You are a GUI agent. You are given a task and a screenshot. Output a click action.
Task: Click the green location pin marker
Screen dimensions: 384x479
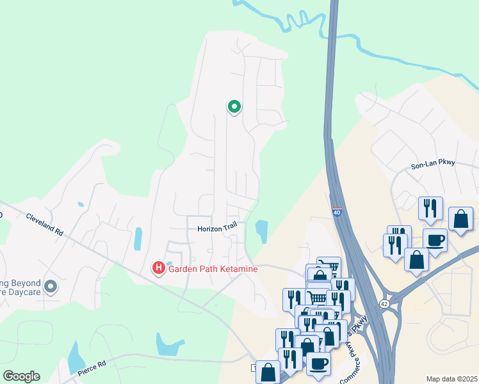(234, 107)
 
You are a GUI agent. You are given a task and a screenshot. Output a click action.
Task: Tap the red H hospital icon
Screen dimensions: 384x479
(158, 268)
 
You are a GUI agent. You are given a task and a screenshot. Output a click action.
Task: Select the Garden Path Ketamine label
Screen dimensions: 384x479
(213, 269)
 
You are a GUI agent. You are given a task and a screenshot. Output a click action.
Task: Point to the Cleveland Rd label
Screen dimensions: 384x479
(44, 225)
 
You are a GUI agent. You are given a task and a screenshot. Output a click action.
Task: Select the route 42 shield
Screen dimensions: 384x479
(384, 303)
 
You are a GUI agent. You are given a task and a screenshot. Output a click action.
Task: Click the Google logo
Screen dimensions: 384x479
(21, 376)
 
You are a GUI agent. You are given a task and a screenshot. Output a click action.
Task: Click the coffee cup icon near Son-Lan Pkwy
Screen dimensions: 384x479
(435, 241)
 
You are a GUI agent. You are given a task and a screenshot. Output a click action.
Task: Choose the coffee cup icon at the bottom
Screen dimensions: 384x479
(318, 364)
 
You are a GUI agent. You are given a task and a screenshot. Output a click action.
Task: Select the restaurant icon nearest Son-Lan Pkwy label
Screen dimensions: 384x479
(429, 208)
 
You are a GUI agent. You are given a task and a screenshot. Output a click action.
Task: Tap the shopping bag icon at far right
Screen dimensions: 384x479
(460, 219)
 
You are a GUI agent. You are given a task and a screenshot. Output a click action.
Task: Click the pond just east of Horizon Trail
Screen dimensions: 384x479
(262, 230)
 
